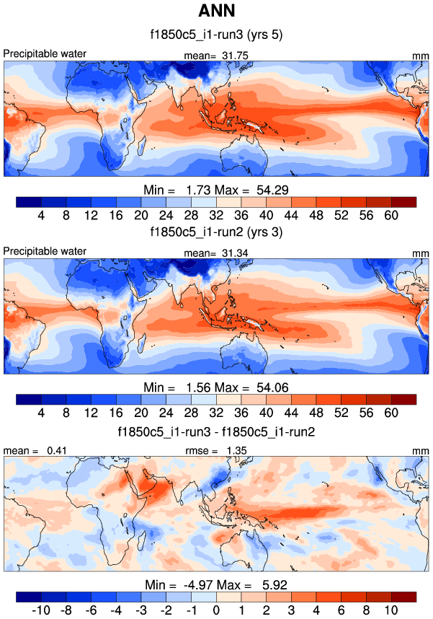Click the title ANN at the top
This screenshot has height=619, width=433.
(216, 12)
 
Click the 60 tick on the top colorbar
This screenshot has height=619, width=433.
(391, 215)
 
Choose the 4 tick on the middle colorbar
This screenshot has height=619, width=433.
(41, 413)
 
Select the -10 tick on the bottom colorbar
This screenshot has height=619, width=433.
(41, 610)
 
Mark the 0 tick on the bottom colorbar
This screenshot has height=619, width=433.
(216, 610)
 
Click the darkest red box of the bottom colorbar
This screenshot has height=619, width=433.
(403, 597)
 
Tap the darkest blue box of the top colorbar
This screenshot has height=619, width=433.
(28, 201)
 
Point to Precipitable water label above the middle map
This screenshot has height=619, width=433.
(45, 250)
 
